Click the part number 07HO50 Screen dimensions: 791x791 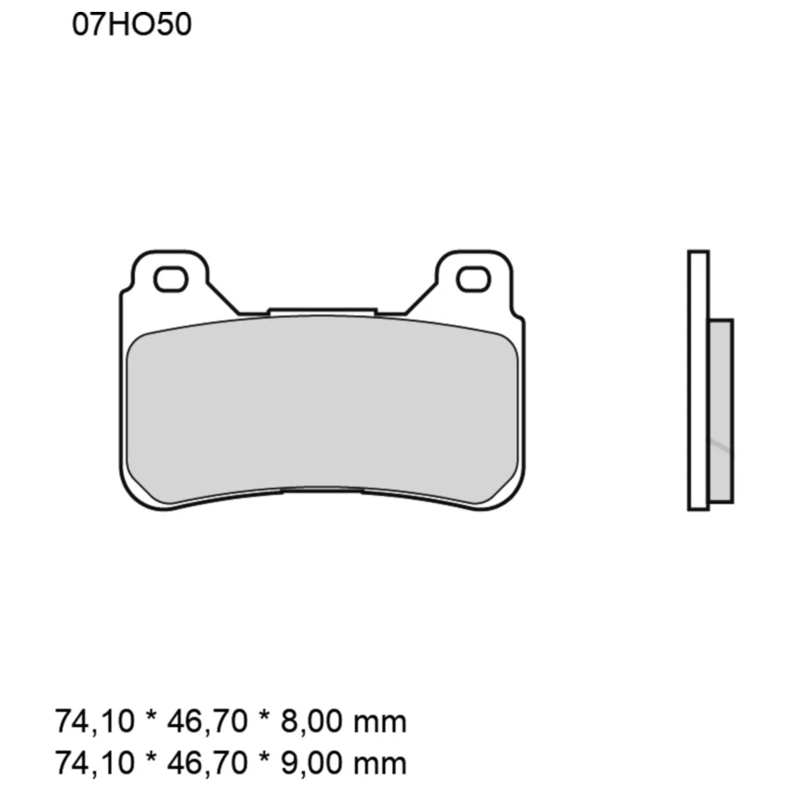[131, 25]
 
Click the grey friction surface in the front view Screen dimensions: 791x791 [323, 411]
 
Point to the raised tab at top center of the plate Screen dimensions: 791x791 [323, 312]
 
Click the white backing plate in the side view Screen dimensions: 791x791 [698, 380]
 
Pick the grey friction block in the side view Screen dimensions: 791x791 [721, 411]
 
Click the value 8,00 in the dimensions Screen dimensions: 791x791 [308, 721]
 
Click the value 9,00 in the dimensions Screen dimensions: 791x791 [308, 763]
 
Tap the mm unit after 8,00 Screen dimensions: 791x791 [380, 723]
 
